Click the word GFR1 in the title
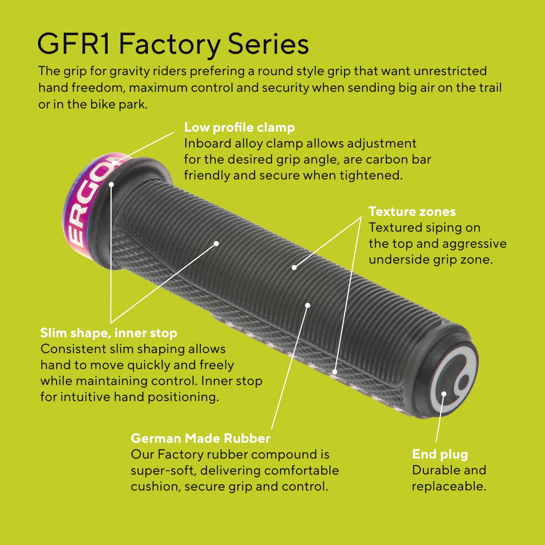74,44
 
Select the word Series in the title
268,44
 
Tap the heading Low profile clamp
240,128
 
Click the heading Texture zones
412,212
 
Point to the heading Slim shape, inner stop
109,333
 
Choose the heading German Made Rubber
200,438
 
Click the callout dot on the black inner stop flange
111,185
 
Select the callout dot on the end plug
444,394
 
